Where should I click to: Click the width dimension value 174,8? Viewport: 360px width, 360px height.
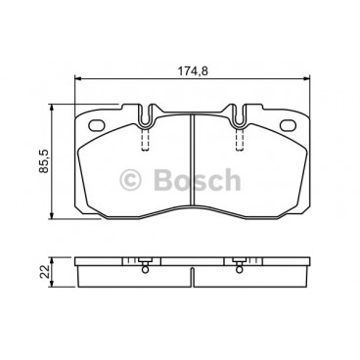coord(191,71)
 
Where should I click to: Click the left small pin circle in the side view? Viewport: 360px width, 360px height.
coord(144,268)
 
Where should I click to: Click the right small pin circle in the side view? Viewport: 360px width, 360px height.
coord(240,268)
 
